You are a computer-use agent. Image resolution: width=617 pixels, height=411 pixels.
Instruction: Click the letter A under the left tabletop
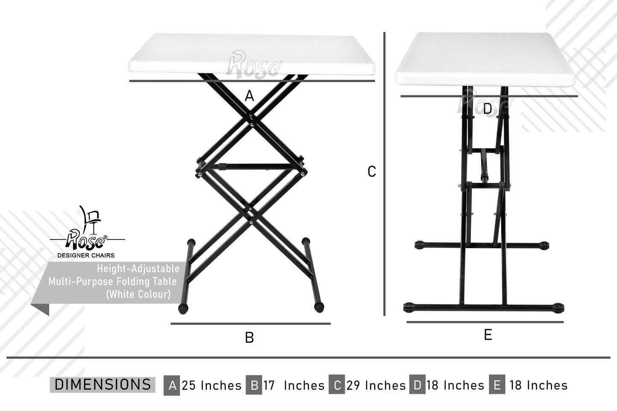point(249,96)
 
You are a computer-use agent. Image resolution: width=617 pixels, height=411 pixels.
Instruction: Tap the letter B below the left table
point(249,338)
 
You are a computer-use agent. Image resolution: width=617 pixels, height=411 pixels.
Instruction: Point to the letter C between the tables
point(371,172)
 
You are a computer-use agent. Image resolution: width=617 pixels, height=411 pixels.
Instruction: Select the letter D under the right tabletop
point(487,109)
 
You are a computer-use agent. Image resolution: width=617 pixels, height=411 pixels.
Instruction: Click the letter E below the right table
point(488,335)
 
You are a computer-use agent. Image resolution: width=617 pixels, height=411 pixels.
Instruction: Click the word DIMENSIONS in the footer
point(103,385)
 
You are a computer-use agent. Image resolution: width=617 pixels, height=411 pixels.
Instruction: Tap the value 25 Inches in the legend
point(211,385)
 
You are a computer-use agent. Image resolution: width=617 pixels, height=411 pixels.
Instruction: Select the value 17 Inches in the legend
point(294,385)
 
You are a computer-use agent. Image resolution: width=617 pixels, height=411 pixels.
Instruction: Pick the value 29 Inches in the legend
point(376,385)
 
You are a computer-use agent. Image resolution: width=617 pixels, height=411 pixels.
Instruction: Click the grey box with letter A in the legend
point(172,385)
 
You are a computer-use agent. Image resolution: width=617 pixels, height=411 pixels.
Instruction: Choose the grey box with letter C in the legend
point(336,385)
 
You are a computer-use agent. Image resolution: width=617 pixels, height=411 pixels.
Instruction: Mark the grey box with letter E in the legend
point(497,385)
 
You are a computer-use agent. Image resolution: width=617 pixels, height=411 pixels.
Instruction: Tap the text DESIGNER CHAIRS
point(86,256)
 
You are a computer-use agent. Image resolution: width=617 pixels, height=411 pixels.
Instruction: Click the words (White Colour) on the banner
point(138,294)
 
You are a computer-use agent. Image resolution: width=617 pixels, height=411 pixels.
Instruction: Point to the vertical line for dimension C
point(384,174)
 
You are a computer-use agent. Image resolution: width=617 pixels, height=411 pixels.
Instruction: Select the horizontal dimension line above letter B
point(251,324)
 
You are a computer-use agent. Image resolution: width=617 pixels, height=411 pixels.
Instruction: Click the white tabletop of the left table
point(251,54)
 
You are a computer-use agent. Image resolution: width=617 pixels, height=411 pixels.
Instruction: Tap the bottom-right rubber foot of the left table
point(319,307)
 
